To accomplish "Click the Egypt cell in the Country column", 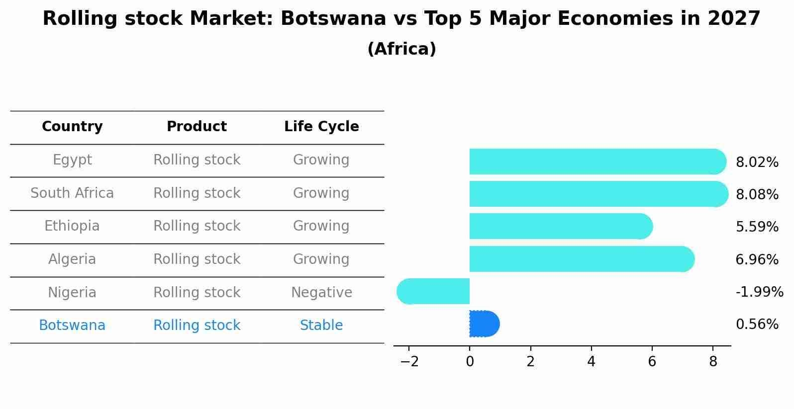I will pos(72,160).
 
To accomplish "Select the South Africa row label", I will pos(72,193).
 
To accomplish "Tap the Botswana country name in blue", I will pos(72,326).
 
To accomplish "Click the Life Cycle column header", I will pos(321,127).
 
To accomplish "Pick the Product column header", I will pos(197,127).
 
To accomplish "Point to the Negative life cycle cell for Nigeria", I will pos(321,293).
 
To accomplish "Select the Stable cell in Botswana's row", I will pos(321,326).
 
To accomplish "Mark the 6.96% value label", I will pos(757,259).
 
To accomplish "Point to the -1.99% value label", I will pos(759,292).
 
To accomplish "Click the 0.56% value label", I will pos(757,325).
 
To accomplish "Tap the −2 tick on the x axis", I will pos(409,362).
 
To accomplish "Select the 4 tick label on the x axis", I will pos(591,362).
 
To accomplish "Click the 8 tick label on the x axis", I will pos(713,362).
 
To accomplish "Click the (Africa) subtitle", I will pos(401,49).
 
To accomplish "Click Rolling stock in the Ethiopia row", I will pos(197,226).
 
